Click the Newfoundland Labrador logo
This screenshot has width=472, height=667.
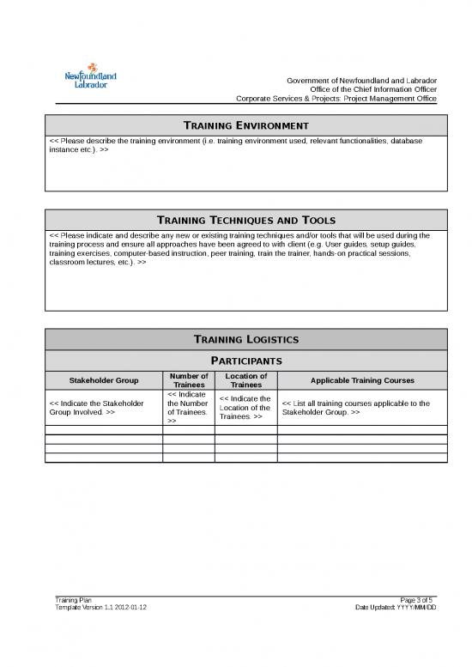click(91, 79)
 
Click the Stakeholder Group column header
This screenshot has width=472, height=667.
click(104, 380)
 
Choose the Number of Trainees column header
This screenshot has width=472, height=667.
click(189, 380)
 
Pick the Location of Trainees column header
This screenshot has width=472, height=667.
click(245, 380)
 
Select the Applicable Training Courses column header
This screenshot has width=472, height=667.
click(361, 380)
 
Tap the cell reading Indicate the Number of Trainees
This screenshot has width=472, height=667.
click(188, 408)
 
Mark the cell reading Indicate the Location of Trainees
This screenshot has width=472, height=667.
click(245, 408)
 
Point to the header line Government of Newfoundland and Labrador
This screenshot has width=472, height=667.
click(361, 81)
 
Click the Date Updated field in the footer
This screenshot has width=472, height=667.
click(396, 607)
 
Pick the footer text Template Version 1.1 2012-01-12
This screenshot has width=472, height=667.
click(100, 607)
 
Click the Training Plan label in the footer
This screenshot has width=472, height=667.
click(67, 599)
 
